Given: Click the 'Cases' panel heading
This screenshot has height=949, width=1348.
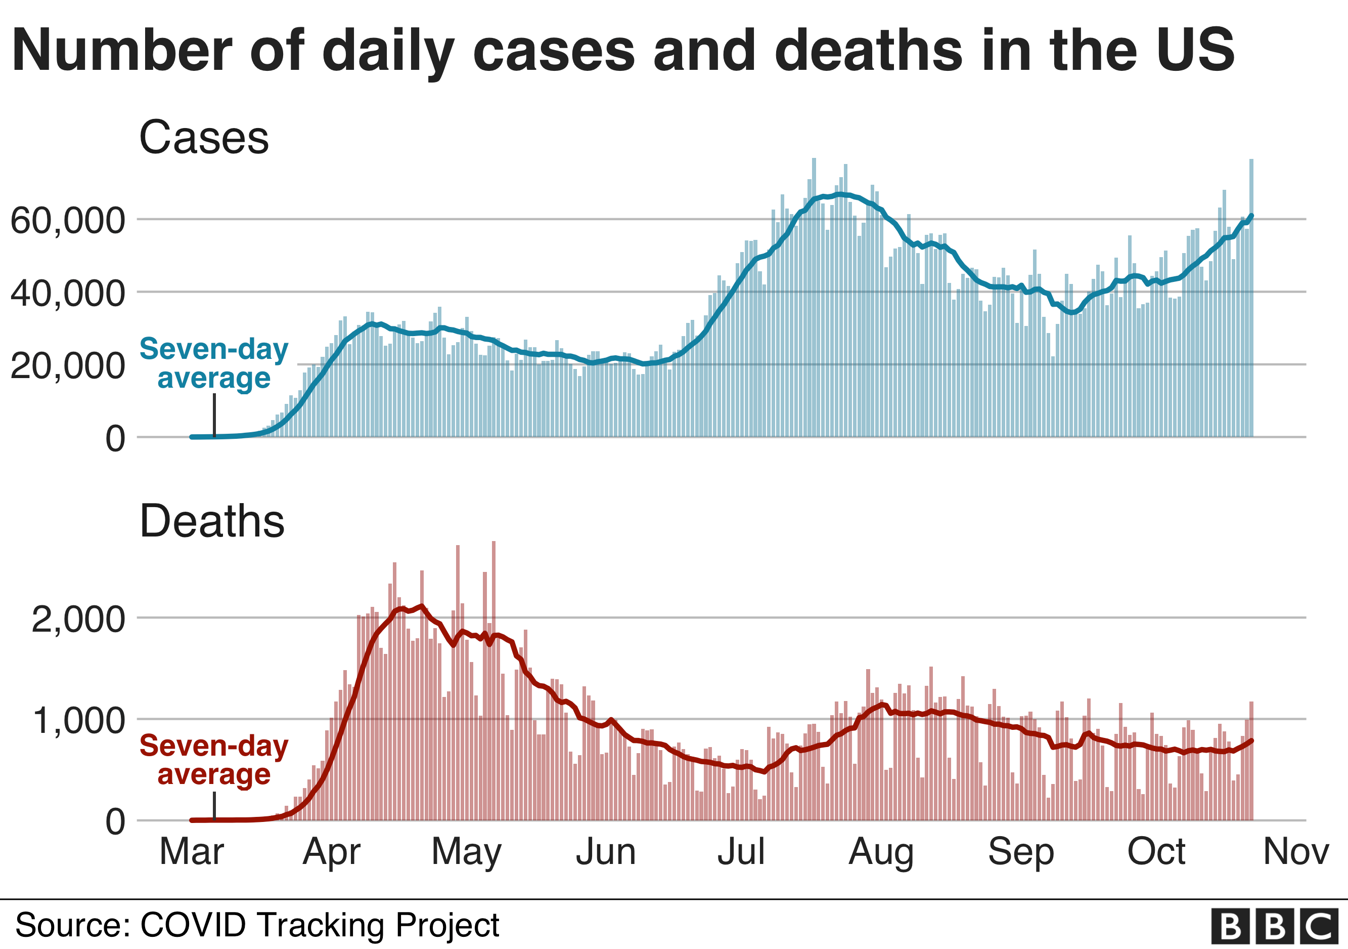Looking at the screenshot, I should click(204, 138).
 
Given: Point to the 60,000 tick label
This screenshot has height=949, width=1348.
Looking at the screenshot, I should click(68, 221).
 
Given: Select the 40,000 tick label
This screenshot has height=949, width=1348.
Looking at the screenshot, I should click(68, 293).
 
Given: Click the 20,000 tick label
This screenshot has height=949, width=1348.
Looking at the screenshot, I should click(68, 366).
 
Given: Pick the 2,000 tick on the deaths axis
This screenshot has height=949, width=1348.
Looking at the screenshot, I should click(78, 620).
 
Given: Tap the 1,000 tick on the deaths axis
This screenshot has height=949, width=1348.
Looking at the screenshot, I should click(78, 720).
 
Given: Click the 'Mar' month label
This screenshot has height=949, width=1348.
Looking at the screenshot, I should click(192, 851).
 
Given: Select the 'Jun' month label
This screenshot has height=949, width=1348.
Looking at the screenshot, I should click(606, 851).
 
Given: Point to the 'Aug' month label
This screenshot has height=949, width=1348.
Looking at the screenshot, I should click(881, 851).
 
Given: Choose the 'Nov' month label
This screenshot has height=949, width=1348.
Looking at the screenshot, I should click(1296, 851).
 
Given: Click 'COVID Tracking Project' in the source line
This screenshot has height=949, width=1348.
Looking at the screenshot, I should click(320, 925).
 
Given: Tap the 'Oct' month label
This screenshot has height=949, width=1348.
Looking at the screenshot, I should click(1156, 851).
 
